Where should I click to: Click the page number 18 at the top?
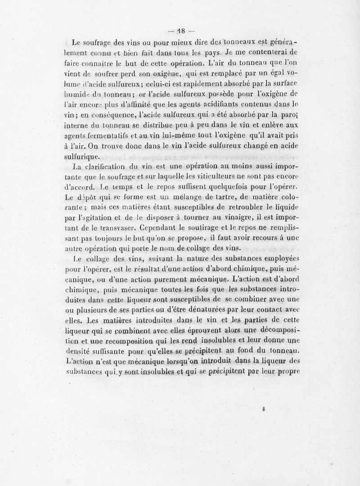(180, 31)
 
